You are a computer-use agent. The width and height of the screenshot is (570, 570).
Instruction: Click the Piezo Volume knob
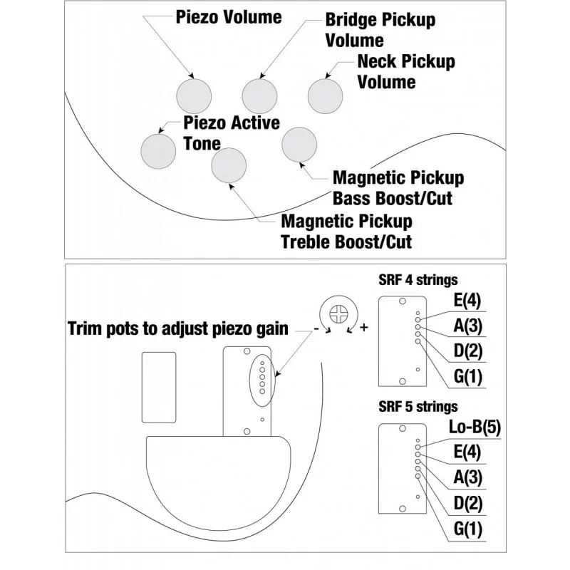[x=194, y=96]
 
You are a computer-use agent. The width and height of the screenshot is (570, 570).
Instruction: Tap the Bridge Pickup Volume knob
[x=259, y=96]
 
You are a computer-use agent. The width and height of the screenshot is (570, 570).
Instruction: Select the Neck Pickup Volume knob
[x=326, y=96]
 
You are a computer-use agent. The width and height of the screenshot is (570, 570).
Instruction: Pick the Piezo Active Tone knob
[x=158, y=151]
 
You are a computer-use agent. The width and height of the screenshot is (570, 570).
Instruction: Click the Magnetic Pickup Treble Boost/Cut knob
[x=229, y=165]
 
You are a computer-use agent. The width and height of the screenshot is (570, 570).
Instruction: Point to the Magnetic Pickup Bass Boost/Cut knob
[x=299, y=145]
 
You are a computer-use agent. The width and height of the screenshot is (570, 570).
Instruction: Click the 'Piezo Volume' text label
[x=229, y=17]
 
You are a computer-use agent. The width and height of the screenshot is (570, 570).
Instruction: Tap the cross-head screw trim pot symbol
[x=339, y=313]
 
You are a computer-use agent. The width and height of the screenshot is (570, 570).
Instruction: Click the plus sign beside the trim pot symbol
[x=364, y=328]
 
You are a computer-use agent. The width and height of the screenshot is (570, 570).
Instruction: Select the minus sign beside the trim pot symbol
[x=316, y=329]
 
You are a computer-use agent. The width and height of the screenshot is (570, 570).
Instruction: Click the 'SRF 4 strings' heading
[x=418, y=280]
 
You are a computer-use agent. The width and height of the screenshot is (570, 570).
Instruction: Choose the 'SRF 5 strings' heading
[x=418, y=407]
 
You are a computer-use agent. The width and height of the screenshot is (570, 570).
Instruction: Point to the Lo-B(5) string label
[x=475, y=427]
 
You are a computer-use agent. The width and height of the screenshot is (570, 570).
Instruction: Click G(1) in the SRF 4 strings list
[x=468, y=377]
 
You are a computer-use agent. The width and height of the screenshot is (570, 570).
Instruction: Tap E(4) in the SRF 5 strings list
[x=467, y=452]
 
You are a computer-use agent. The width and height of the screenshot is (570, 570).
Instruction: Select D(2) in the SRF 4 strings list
[x=468, y=351]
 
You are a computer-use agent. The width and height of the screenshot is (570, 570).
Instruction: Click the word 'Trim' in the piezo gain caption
[x=85, y=328]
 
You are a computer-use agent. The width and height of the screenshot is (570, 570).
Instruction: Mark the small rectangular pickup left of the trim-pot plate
[x=159, y=388]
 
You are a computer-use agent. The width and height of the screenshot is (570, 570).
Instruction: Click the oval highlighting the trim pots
[x=249, y=380]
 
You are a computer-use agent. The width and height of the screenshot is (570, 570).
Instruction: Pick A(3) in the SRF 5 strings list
[x=468, y=477]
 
